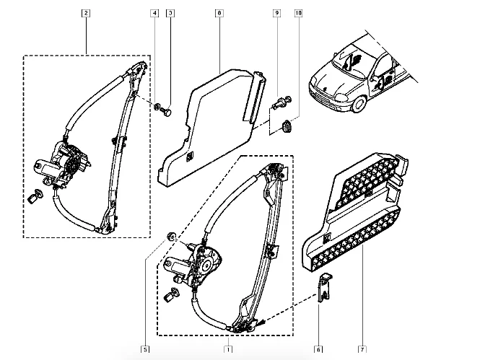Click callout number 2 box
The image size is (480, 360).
click(86, 13)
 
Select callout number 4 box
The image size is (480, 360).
click(154, 13)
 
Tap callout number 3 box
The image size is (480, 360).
click(170, 13)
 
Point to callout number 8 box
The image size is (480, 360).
click(219, 13)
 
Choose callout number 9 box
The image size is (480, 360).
click(276, 13)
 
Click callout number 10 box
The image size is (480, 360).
click(298, 13)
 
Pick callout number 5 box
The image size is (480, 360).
click(145, 350)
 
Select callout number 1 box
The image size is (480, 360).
click(228, 350)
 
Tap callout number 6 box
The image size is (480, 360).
click(318, 350)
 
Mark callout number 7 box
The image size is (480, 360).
click(362, 350)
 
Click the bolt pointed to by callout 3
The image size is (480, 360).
click(166, 111)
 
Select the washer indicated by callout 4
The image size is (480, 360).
click(157, 106)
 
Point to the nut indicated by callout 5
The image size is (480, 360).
click(171, 236)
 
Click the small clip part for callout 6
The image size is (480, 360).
click(325, 287)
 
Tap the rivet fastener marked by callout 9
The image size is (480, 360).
click(282, 102)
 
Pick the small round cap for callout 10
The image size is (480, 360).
click(287, 126)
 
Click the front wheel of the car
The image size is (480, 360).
click(358, 105)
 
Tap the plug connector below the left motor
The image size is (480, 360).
click(35, 196)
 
